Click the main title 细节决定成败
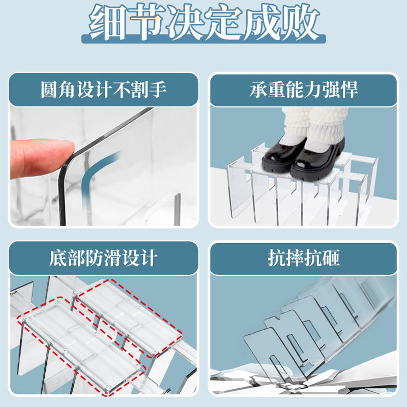[x=203, y=23]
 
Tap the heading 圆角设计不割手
[x=104, y=90]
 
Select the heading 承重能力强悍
[x=304, y=90]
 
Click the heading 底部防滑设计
[x=104, y=258]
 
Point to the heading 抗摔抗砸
[x=304, y=258]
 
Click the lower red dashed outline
[x=81, y=351]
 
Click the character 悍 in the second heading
[x=350, y=90]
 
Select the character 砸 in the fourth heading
[x=331, y=258]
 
